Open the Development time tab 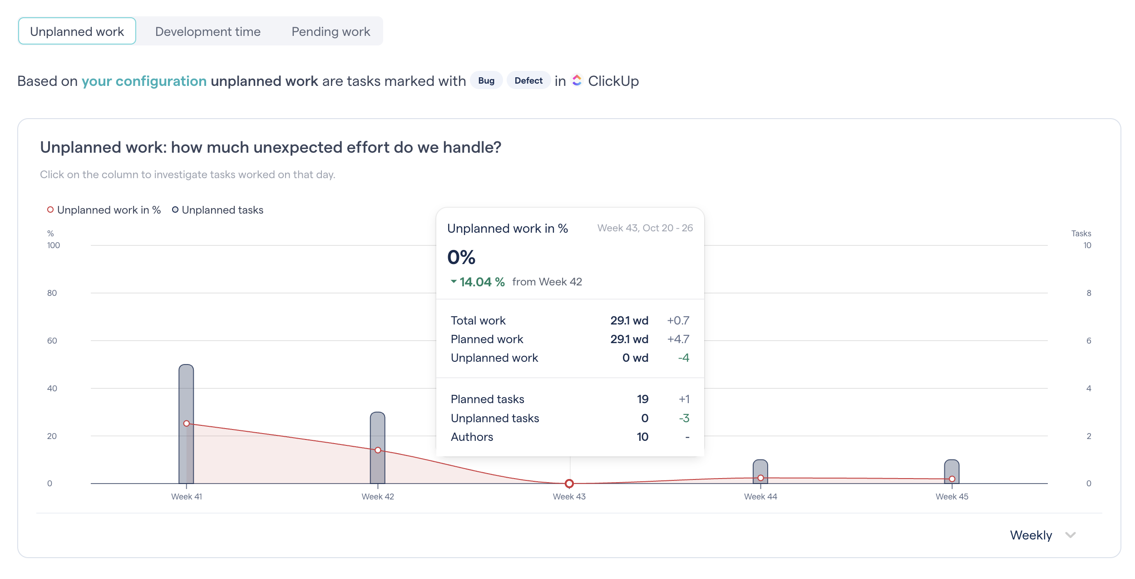pos(207,31)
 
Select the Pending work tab pos(331,31)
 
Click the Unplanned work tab pos(77,31)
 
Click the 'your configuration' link pos(144,81)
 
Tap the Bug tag pos(486,80)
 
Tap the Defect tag pos(528,80)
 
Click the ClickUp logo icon pos(577,80)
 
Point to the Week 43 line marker pos(569,483)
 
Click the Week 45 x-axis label pos(952,497)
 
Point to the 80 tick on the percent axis pos(52,293)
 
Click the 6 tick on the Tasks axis pos(1089,341)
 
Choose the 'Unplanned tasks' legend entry pos(217,210)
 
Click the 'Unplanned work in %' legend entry pos(104,210)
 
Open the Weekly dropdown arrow pos(1070,535)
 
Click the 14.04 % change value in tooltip pos(482,282)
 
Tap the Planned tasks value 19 pos(642,399)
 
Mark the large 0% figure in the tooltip pos(461,257)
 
